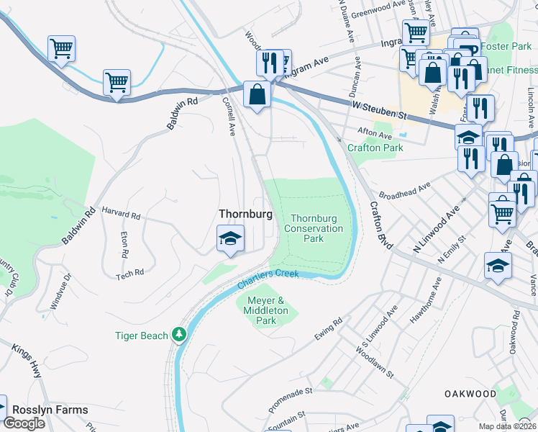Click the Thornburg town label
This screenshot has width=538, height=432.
click(x=245, y=215)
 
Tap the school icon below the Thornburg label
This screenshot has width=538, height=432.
click(x=231, y=238)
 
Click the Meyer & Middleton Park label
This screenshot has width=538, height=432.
click(x=262, y=310)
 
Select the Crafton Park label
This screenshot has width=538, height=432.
click(x=375, y=148)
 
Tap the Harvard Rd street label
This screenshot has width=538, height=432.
click(x=121, y=215)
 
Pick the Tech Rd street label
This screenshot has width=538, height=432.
click(x=130, y=273)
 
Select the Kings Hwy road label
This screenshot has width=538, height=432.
click(x=26, y=358)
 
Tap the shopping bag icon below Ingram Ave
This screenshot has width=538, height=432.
click(x=257, y=94)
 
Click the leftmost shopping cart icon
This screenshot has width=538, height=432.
click(x=61, y=49)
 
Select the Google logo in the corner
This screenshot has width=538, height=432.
click(x=24, y=423)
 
